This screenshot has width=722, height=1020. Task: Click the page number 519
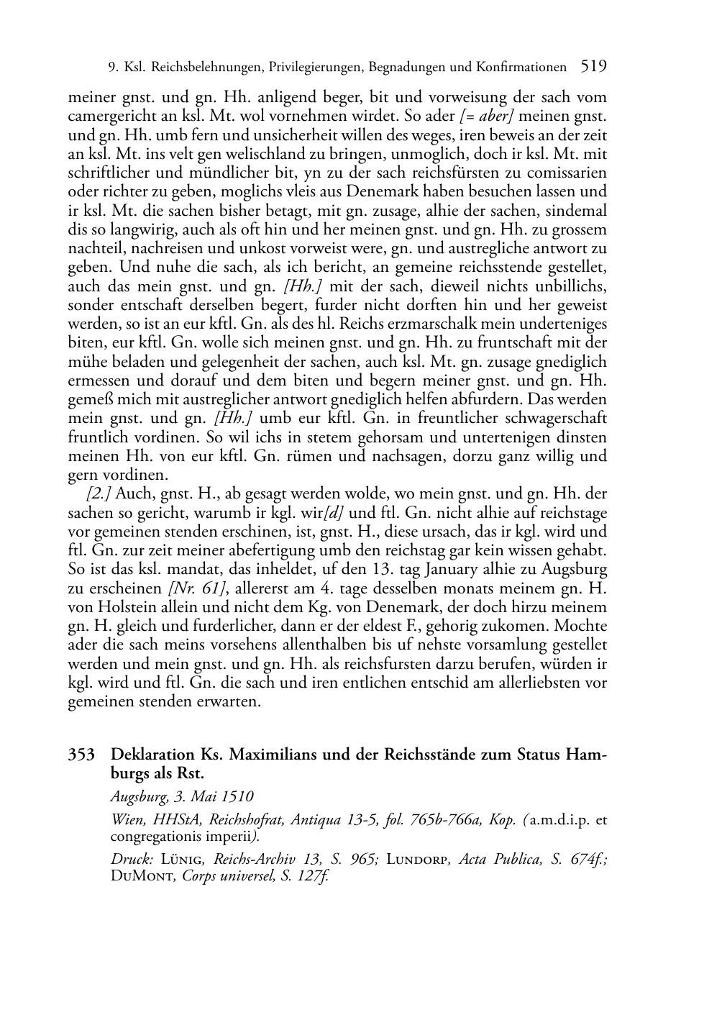[x=593, y=67]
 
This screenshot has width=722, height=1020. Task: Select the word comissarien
[x=566, y=173]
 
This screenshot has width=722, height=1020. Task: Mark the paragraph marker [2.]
[x=99, y=493]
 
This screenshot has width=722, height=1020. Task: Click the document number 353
[x=81, y=755]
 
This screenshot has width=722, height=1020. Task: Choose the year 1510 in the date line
[x=237, y=796]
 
